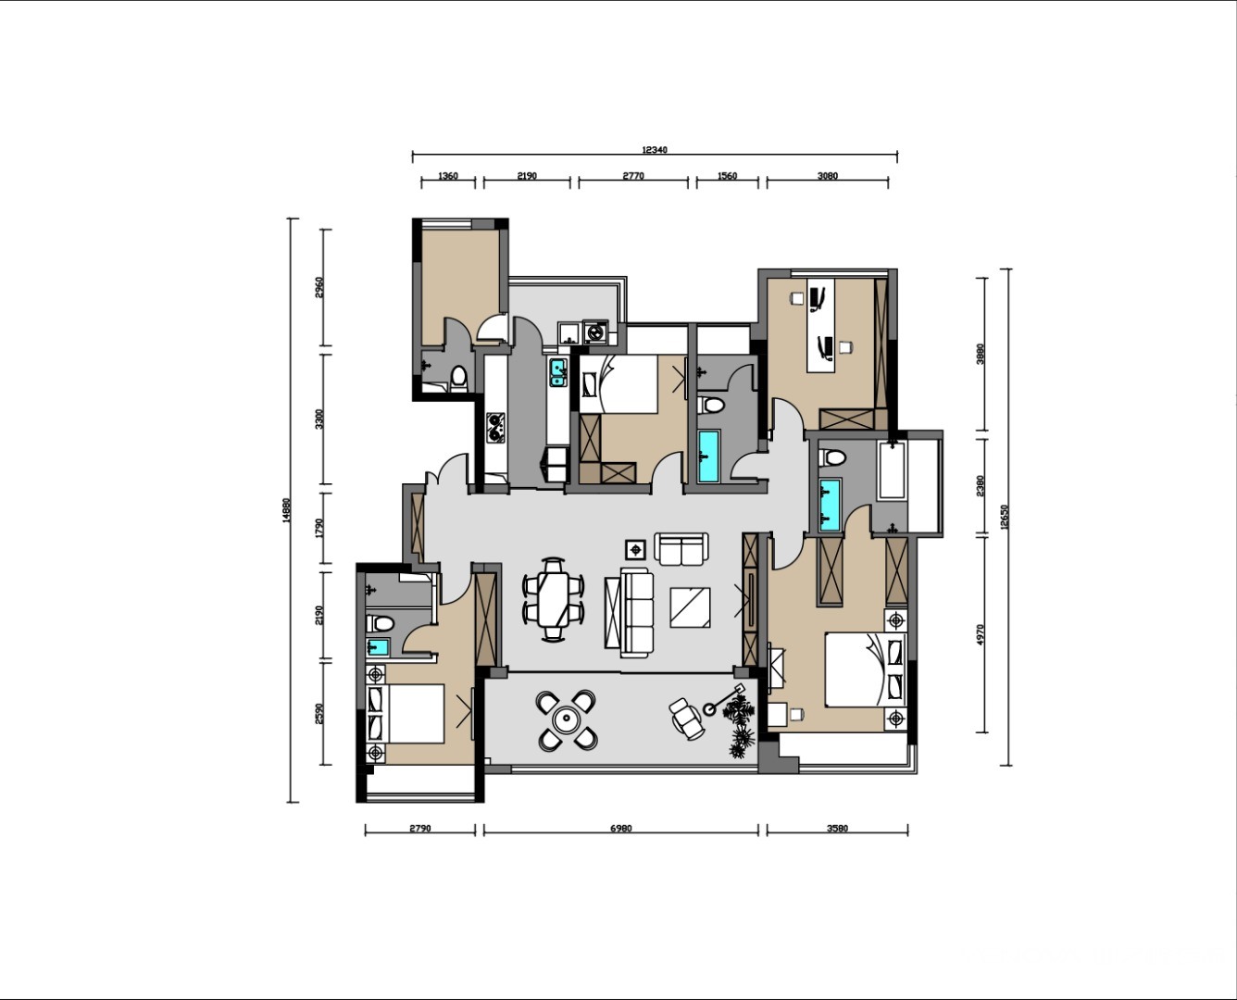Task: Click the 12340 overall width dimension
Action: [655, 150]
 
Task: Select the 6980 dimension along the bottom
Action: [621, 829]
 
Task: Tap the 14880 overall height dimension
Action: [286, 510]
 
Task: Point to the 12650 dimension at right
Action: [1006, 517]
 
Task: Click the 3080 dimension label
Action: [828, 176]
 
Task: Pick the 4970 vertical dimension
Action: [981, 635]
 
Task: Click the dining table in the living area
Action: [554, 599]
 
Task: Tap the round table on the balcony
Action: [566, 720]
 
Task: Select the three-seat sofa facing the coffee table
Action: [636, 613]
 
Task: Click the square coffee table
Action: [690, 607]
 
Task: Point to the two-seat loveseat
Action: [681, 549]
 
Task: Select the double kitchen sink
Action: [558, 373]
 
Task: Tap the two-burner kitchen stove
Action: [495, 427]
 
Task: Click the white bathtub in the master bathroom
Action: [892, 470]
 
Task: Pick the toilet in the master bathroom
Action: [832, 458]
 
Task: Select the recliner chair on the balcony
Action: [686, 719]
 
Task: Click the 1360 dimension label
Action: [448, 176]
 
